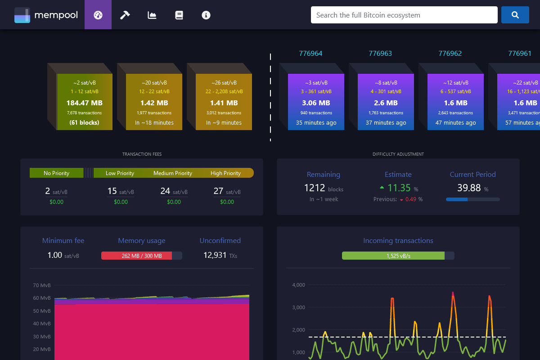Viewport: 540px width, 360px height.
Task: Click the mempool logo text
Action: coord(56,15)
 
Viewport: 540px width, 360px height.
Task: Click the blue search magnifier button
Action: coord(515,15)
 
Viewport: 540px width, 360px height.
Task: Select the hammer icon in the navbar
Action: coord(125,15)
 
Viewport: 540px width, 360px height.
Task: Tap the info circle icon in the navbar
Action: coord(206,15)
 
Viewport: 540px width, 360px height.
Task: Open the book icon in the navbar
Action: coord(179,15)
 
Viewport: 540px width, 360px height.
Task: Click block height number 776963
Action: coord(380,54)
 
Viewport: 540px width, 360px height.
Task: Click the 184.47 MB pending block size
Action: coord(85,103)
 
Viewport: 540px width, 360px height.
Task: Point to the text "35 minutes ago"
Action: coord(316,122)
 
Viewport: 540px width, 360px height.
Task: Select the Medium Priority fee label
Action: coord(173,173)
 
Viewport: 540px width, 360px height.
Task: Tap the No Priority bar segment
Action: coord(56,173)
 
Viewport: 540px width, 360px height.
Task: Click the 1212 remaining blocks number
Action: coord(315,188)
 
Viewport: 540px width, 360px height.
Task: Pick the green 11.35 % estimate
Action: coord(399,188)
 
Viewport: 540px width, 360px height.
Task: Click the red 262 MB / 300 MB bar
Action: coord(137,256)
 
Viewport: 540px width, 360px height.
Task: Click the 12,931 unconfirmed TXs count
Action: coord(215,255)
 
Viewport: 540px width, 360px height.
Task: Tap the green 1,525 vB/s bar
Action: coord(393,256)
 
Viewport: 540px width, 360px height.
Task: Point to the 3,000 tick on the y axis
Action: coord(299,307)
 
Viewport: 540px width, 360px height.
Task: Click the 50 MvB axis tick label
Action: coord(42,311)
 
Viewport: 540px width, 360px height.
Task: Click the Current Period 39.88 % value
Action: coord(469,188)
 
